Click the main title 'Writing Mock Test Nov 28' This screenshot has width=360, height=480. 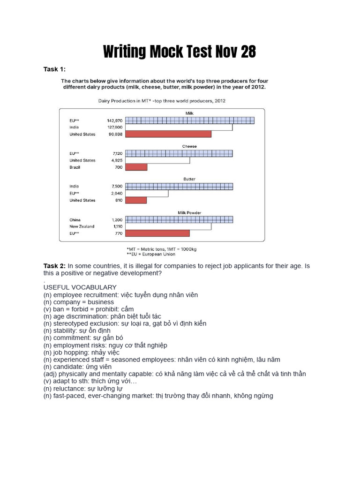[x=180, y=52]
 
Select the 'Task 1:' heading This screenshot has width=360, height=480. [x=54, y=69]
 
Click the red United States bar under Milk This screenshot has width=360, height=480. [x=168, y=134]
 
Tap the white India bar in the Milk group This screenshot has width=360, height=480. [x=179, y=127]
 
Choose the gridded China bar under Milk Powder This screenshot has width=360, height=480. [x=179, y=219]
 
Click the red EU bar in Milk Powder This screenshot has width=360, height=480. [x=157, y=233]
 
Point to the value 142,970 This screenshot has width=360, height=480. [x=115, y=120]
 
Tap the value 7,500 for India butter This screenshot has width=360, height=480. [x=116, y=186]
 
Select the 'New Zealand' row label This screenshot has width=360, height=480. [x=82, y=226]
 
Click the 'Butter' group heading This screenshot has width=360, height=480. [x=189, y=179]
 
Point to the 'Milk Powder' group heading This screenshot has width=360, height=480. [x=189, y=212]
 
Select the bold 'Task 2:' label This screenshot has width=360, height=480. [x=54, y=266]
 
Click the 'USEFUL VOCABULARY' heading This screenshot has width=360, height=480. [x=80, y=287]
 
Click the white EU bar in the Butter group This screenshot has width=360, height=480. [x=147, y=193]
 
